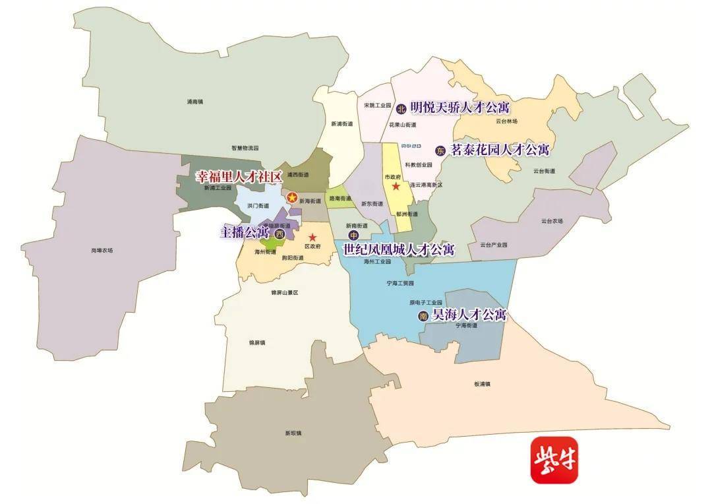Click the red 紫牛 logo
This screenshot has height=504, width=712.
point(554,460)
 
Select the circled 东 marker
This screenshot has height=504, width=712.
point(440,150)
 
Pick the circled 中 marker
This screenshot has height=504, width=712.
point(354,236)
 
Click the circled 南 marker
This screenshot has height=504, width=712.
point(423,317)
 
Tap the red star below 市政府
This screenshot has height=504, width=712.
point(396,187)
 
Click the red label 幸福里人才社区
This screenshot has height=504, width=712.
point(238,177)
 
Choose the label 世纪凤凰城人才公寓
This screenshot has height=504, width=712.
point(399,249)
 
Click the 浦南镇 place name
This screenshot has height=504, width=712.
point(195,102)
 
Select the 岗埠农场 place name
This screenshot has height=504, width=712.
point(102,250)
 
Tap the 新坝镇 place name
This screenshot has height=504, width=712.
point(293,433)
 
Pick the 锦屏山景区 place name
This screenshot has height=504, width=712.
point(285,292)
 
